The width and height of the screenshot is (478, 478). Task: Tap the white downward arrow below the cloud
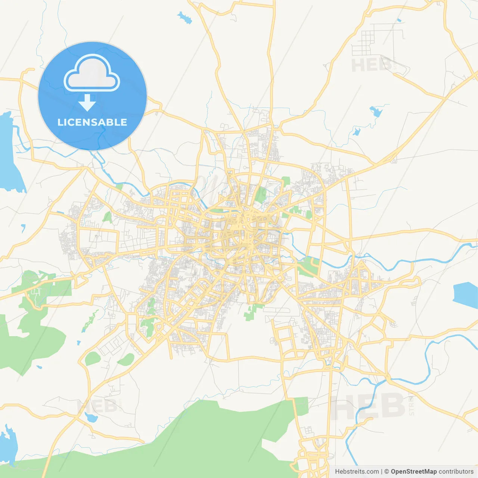click(87, 102)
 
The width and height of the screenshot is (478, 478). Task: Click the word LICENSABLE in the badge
click(92, 122)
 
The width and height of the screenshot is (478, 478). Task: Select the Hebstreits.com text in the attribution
click(357, 472)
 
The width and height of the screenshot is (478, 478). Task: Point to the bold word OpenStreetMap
click(414, 472)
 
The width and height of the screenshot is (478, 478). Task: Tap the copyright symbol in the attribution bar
click(387, 472)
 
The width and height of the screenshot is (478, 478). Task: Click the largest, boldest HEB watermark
click(368, 406)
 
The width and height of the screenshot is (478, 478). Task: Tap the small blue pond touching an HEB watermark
click(91, 417)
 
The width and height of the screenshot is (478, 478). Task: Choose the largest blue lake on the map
click(9, 153)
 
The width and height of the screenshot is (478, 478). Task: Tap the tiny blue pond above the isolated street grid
click(399, 20)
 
